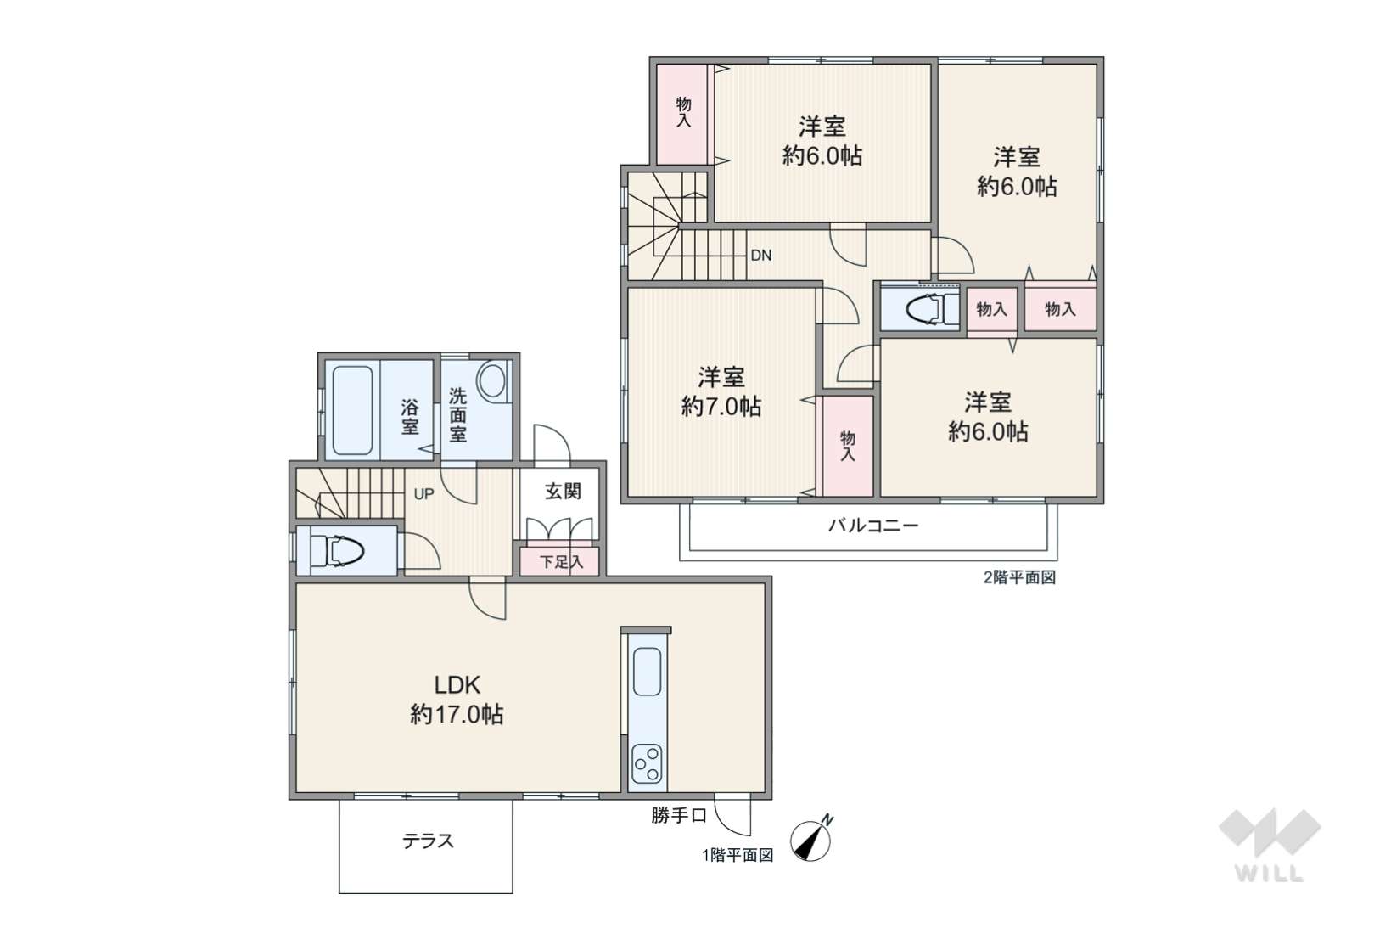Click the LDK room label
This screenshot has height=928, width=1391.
(457, 685)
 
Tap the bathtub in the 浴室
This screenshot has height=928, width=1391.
(352, 410)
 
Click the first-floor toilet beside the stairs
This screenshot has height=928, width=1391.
(339, 551)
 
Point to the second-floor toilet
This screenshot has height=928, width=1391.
(932, 309)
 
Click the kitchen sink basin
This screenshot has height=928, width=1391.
(647, 672)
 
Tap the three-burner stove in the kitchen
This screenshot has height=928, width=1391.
(647, 765)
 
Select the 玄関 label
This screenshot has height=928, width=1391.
(564, 492)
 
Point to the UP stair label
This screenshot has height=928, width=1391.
(424, 494)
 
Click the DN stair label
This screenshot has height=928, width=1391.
(761, 256)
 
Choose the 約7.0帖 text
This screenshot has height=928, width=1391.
(721, 407)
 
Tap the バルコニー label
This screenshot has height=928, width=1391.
(873, 526)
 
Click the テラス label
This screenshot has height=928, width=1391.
(429, 841)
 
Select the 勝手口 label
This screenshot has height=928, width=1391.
(679, 815)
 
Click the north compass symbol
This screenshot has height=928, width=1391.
(811, 839)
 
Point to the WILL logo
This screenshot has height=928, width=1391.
(1270, 846)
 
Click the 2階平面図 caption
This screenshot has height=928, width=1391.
(1019, 577)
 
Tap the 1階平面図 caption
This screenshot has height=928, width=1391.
(738, 855)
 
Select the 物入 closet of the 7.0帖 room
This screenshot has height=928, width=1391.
(848, 446)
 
